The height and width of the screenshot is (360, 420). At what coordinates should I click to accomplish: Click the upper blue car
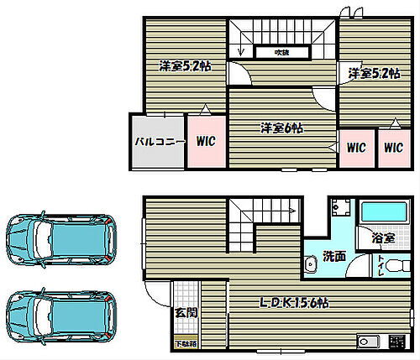[60, 239]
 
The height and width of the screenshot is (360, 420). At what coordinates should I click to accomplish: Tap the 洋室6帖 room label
[281, 128]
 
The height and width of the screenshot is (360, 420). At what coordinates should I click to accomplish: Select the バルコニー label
[157, 142]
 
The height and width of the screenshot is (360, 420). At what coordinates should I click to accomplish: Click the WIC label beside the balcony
[206, 142]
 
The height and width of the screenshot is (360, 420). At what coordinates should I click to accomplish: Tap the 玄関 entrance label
[185, 312]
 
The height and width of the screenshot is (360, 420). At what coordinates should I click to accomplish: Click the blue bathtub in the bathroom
[386, 213]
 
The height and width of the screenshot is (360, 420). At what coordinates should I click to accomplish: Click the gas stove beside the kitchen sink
[395, 342]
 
